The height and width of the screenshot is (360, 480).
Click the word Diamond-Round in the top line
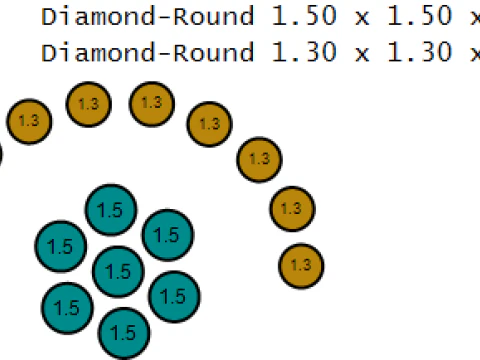pos(147,16)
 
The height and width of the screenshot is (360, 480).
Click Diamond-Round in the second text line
pos(147,52)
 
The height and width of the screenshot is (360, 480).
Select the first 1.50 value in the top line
pos(304,16)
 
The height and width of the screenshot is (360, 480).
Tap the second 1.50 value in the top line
pos(420,16)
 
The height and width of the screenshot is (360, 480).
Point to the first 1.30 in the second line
pos(304,52)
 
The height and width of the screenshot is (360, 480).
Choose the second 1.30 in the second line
pos(420,52)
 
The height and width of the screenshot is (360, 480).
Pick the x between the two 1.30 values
pos(362,55)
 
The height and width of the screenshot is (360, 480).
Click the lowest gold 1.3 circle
pos(301,266)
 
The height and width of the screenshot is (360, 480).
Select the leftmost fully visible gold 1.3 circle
pos(29,122)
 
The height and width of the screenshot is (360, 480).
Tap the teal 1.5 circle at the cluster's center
pos(118,271)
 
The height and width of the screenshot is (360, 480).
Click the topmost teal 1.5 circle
pos(111,210)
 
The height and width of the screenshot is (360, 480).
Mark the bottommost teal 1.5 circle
pos(124,333)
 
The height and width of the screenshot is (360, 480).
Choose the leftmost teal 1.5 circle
pos(61,246)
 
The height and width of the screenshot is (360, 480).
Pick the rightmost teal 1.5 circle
pos(174,297)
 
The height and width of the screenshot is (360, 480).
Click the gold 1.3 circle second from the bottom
pos(292,209)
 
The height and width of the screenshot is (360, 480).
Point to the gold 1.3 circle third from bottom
pos(259,159)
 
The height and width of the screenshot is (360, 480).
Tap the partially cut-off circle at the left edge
pos(1,154)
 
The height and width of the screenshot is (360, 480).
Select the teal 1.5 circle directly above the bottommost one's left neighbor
pos(61,246)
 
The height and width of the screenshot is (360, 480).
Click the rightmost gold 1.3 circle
pos(301,266)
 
